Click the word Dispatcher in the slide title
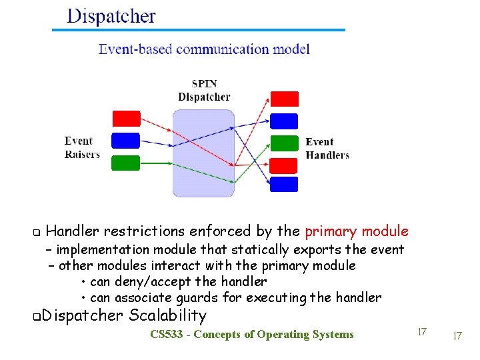pyautogui.click(x=111, y=16)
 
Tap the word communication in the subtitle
pyautogui.click(x=213, y=49)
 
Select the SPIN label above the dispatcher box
pyautogui.click(x=204, y=85)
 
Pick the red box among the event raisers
pyautogui.click(x=126, y=119)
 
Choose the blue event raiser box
pyautogui.click(x=126, y=141)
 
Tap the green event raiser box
pyautogui.click(x=126, y=163)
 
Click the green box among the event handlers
pyautogui.click(x=284, y=143)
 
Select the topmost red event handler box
pyautogui.click(x=284, y=99)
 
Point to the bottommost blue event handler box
pyautogui.click(x=284, y=184)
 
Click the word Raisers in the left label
pyautogui.click(x=82, y=155)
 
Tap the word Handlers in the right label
pyautogui.click(x=327, y=155)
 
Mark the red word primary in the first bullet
pyautogui.click(x=330, y=231)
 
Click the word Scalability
pyautogui.click(x=168, y=315)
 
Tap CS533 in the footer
pyautogui.click(x=167, y=335)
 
